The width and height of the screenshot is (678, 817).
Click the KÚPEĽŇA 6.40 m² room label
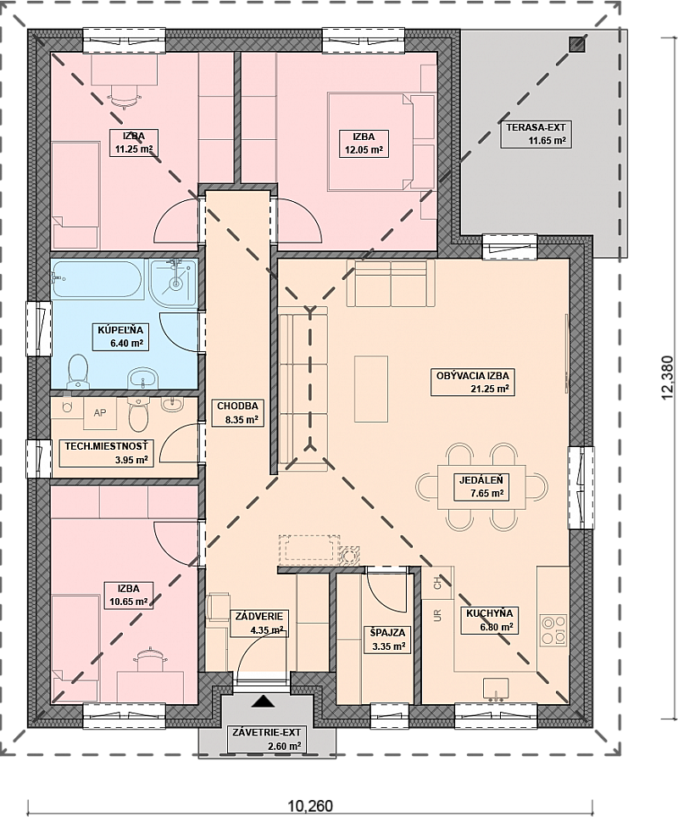click(x=120, y=336)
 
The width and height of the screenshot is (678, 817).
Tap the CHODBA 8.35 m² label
click(x=237, y=412)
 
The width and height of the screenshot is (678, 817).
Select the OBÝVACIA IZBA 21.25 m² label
click(x=472, y=382)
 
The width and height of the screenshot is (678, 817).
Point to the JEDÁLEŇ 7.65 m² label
click(x=481, y=487)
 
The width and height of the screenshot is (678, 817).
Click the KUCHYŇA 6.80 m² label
click(x=489, y=620)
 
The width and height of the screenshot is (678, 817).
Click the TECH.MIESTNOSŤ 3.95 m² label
click(x=106, y=453)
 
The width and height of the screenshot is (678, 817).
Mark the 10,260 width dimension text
click(x=310, y=805)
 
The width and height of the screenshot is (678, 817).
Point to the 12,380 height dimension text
click(x=668, y=378)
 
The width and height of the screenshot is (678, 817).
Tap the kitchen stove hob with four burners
click(x=553, y=631)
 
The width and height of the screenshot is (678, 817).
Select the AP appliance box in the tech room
click(x=100, y=413)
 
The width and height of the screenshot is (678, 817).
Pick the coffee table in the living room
click(x=371, y=389)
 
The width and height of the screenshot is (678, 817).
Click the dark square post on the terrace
click(x=577, y=44)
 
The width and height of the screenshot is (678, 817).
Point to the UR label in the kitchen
click(x=437, y=616)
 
